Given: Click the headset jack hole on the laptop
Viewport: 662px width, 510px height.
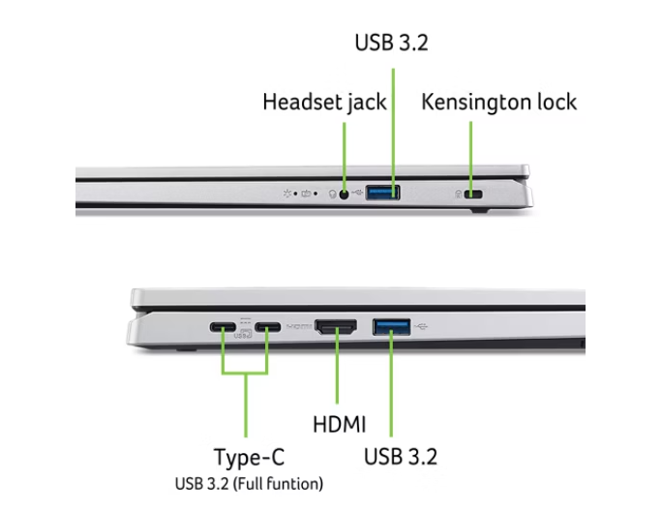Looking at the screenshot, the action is pyautogui.click(x=345, y=195).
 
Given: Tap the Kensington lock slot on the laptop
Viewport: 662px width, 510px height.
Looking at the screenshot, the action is pyautogui.click(x=473, y=195).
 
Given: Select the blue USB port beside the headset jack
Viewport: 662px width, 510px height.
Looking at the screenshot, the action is pyautogui.click(x=382, y=193).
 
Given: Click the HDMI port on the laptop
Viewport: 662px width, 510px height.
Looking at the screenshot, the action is pyautogui.click(x=336, y=327).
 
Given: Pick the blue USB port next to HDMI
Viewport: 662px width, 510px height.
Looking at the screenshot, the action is pyautogui.click(x=391, y=327).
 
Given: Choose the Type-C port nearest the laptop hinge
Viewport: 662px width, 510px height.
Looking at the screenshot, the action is pyautogui.click(x=223, y=327).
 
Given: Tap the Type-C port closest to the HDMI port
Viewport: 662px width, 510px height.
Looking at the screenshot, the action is pyautogui.click(x=268, y=327).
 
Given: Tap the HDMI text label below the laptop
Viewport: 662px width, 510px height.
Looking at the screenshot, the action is pyautogui.click(x=339, y=424).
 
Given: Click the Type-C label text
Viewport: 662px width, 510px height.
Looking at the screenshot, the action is pyautogui.click(x=249, y=458).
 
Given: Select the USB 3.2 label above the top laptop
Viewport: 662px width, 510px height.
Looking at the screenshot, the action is pyautogui.click(x=391, y=43).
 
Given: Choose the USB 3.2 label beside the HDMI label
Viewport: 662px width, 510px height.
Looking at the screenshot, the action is pyautogui.click(x=401, y=457).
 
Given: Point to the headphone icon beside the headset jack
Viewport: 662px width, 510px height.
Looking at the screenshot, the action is pyautogui.click(x=332, y=195).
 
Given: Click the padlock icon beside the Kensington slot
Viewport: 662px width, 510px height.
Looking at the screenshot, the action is pyautogui.click(x=458, y=195).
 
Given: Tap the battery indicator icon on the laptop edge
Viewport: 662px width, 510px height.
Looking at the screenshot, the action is pyautogui.click(x=306, y=194).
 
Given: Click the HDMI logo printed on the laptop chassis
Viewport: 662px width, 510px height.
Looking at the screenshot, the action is pyautogui.click(x=299, y=326).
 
